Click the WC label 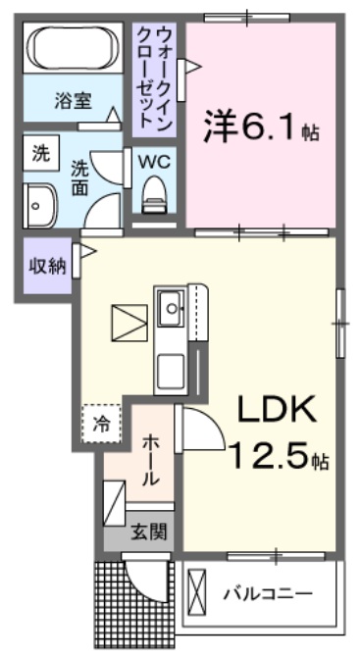(155, 160)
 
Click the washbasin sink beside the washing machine (40, 204)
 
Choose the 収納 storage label (44, 266)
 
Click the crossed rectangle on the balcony (198, 594)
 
